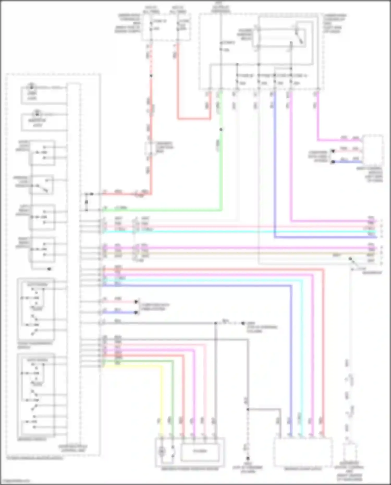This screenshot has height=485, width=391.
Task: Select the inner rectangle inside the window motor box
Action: point(200,451)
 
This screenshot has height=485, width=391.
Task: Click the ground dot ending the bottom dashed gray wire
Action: point(248,458)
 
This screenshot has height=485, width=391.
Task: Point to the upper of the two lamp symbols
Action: point(32,86)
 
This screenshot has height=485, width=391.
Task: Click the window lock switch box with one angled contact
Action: point(42,185)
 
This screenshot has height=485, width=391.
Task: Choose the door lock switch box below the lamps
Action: point(42,153)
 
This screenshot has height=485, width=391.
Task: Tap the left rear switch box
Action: point(42,217)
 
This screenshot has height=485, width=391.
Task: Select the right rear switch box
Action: point(42,250)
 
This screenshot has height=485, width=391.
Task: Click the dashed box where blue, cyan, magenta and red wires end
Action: point(303,452)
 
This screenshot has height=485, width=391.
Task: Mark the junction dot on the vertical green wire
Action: point(221,130)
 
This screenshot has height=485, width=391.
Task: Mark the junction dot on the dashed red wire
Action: point(151,76)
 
